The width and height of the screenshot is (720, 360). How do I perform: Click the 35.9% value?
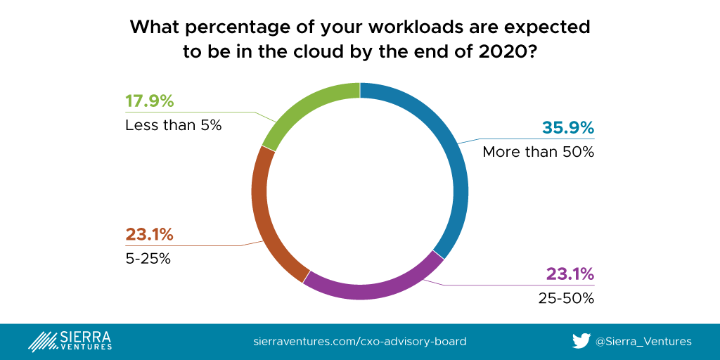tap(568, 128)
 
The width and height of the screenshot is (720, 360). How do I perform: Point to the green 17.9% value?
tap(149, 101)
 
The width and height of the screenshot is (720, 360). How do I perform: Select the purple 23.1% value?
tap(570, 274)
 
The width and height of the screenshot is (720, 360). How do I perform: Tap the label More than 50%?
tap(538, 152)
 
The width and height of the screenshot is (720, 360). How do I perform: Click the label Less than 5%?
tap(173, 126)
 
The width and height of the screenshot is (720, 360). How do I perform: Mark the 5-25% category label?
tap(148, 258)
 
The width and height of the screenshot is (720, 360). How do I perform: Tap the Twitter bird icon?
tap(581, 341)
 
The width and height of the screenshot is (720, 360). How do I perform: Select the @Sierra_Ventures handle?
tap(643, 342)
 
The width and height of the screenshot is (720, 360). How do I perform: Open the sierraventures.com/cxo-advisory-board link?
tap(359, 342)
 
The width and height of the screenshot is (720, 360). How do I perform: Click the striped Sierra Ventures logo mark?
tap(43, 341)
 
